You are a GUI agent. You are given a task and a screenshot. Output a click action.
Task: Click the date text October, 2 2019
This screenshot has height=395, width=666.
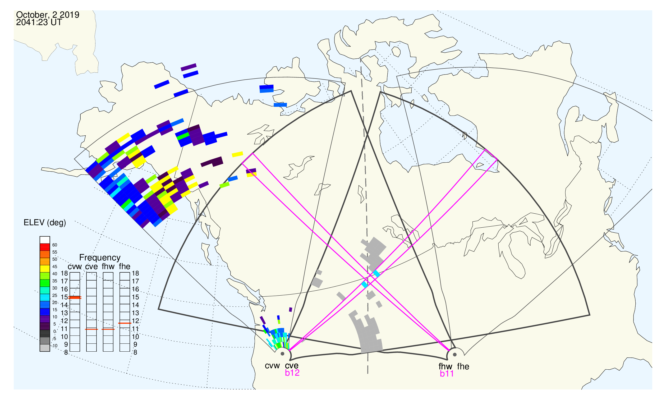point(48,15)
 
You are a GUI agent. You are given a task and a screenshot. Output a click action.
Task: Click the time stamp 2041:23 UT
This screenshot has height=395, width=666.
point(39,22)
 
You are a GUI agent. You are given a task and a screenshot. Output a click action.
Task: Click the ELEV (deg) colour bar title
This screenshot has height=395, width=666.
point(45,223)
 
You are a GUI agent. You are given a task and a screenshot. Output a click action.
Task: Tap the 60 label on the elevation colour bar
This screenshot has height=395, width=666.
point(54,245)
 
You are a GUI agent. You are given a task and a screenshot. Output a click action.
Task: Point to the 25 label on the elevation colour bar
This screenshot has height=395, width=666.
point(54,295)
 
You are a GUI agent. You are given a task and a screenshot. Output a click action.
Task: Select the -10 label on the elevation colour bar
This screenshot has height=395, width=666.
point(54,346)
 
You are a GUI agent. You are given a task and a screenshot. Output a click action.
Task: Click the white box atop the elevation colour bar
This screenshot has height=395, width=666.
point(45,240)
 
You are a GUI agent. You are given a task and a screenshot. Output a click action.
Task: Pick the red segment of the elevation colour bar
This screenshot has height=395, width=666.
point(45,247)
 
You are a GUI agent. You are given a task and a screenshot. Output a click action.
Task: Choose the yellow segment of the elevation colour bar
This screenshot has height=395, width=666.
point(45,269)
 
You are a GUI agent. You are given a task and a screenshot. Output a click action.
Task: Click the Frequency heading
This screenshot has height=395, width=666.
point(100,258)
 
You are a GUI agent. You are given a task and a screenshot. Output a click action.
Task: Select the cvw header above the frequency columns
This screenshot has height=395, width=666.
point(75,267)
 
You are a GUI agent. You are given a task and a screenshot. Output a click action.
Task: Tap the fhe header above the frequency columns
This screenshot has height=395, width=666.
point(125,267)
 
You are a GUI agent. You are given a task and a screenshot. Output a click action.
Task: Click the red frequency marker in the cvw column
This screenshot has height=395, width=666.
point(75,298)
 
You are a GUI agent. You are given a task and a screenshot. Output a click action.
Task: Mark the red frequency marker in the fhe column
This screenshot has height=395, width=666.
point(125,323)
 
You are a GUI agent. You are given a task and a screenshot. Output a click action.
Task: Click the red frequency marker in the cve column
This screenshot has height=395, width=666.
point(91,329)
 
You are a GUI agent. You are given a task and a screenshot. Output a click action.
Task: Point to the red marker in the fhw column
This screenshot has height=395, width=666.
point(108,329)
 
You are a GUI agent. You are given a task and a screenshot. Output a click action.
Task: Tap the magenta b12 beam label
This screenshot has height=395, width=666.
point(292,373)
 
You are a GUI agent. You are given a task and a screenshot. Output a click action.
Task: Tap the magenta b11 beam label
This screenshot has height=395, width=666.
point(447,374)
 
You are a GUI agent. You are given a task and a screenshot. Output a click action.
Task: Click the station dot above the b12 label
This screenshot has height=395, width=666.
point(282,354)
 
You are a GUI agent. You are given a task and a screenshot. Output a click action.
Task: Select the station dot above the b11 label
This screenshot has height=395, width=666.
point(455,355)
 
